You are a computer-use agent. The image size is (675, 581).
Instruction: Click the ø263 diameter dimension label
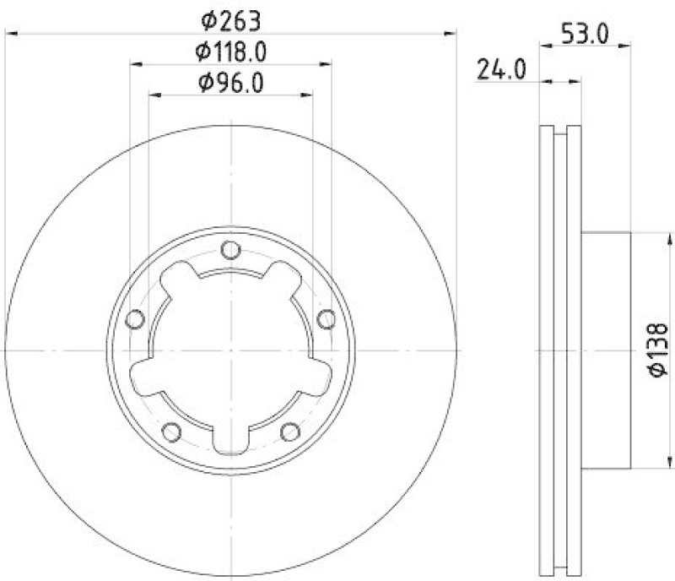click(231, 19)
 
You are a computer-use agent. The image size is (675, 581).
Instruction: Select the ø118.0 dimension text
click(231, 52)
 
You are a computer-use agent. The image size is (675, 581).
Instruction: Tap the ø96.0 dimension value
click(231, 83)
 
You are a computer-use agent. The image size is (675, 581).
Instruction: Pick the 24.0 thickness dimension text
click(501, 69)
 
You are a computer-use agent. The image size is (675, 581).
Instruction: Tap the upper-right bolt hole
click(327, 318)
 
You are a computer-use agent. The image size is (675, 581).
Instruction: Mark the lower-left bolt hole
click(171, 432)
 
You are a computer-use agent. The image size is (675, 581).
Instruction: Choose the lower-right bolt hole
click(290, 432)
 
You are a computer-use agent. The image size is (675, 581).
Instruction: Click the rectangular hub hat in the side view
click(606, 349)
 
